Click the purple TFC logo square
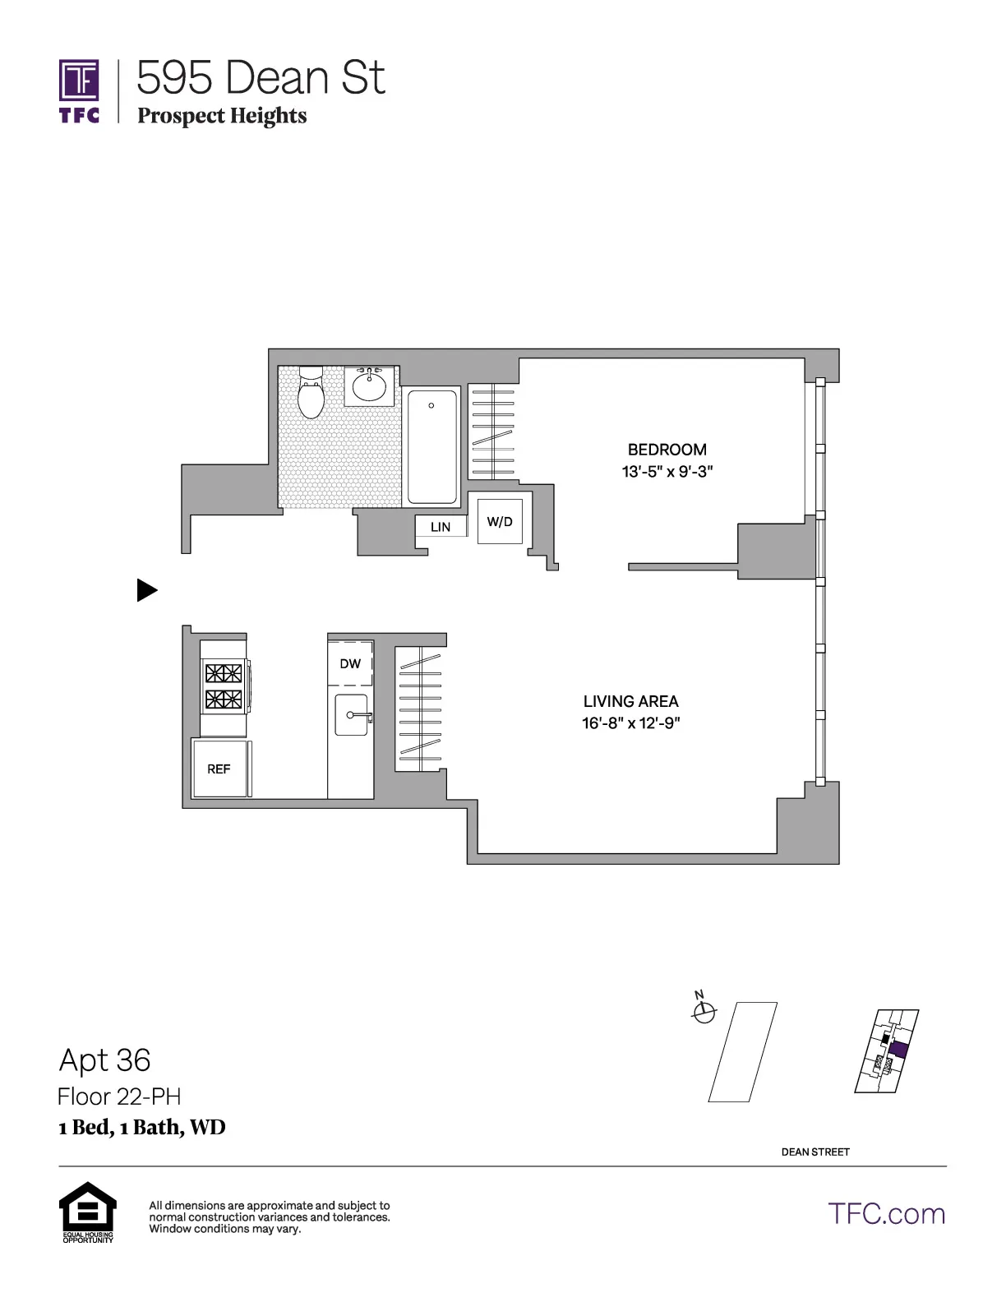(x=79, y=81)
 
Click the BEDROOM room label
(x=667, y=450)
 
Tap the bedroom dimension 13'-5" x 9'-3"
(x=667, y=472)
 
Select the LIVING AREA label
(x=630, y=701)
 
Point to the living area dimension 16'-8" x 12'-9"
(x=630, y=723)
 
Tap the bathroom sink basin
(x=369, y=386)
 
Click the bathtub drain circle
(x=431, y=405)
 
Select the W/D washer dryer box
(x=500, y=521)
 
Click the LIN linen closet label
(x=441, y=527)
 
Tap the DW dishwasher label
(x=350, y=663)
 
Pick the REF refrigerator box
(x=219, y=769)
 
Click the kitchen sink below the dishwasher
(x=352, y=715)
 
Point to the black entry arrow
(x=146, y=590)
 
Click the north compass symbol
(x=704, y=1013)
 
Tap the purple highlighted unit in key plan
(x=898, y=1050)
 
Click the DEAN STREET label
(x=815, y=1152)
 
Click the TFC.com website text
(x=886, y=1214)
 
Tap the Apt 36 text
(x=104, y=1060)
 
